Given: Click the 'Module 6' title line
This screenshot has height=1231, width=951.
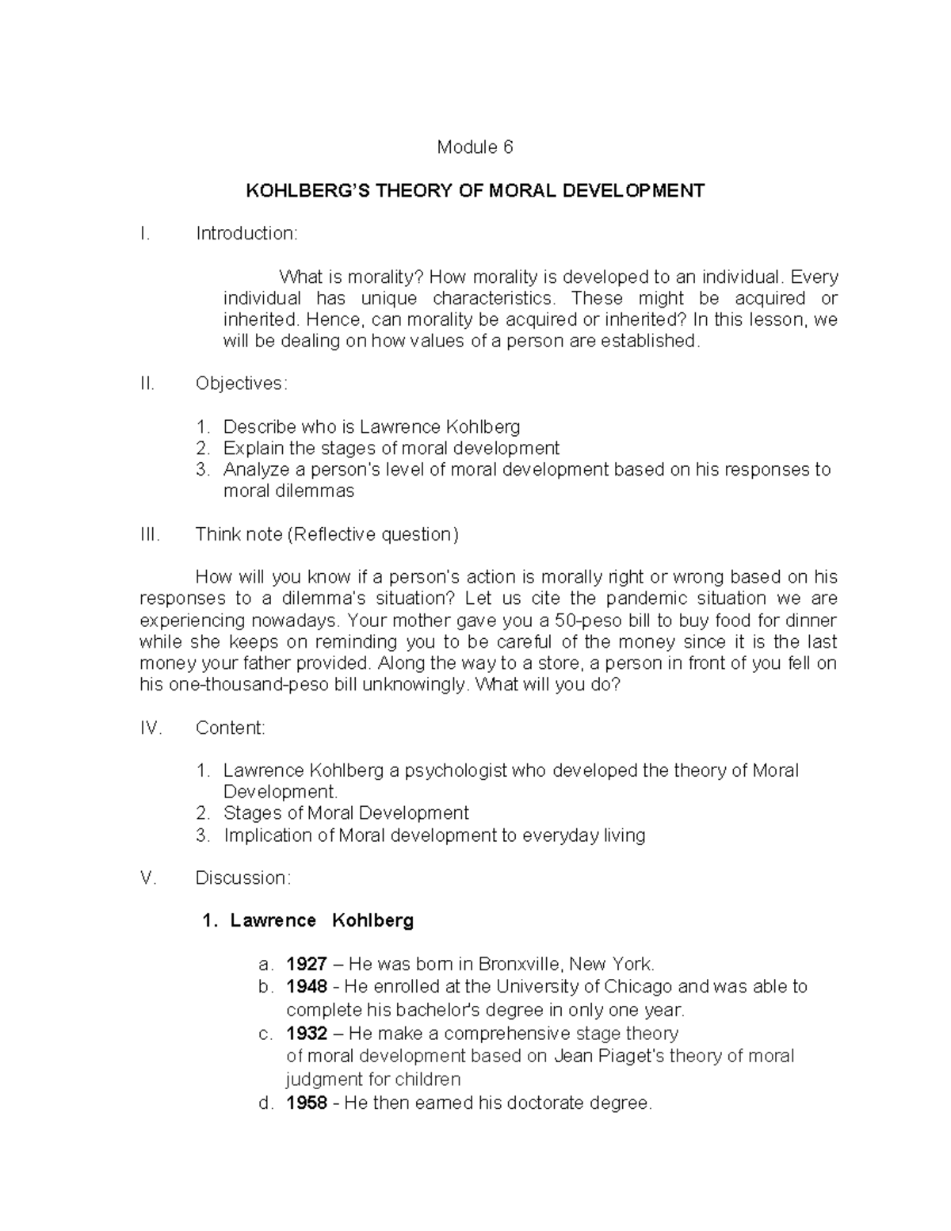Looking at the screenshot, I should click(x=475, y=147).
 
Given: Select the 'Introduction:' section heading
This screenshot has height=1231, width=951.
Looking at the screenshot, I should click(x=246, y=234).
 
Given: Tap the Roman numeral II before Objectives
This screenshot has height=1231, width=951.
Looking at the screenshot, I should click(x=147, y=384).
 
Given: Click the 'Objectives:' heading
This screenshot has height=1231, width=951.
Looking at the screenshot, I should click(x=242, y=384).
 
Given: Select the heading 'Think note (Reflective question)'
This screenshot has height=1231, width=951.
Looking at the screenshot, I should click(x=327, y=535).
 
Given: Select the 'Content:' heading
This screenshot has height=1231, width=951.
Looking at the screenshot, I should click(x=231, y=728).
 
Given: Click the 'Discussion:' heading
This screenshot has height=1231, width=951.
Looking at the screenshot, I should click(x=243, y=878).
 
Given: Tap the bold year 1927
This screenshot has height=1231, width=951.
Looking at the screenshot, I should click(x=307, y=965).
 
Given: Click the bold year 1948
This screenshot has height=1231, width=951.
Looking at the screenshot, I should click(x=307, y=987).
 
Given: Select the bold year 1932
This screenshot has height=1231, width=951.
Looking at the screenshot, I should click(x=307, y=1034).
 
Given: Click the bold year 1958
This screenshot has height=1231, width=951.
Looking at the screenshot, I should click(x=307, y=1103).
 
